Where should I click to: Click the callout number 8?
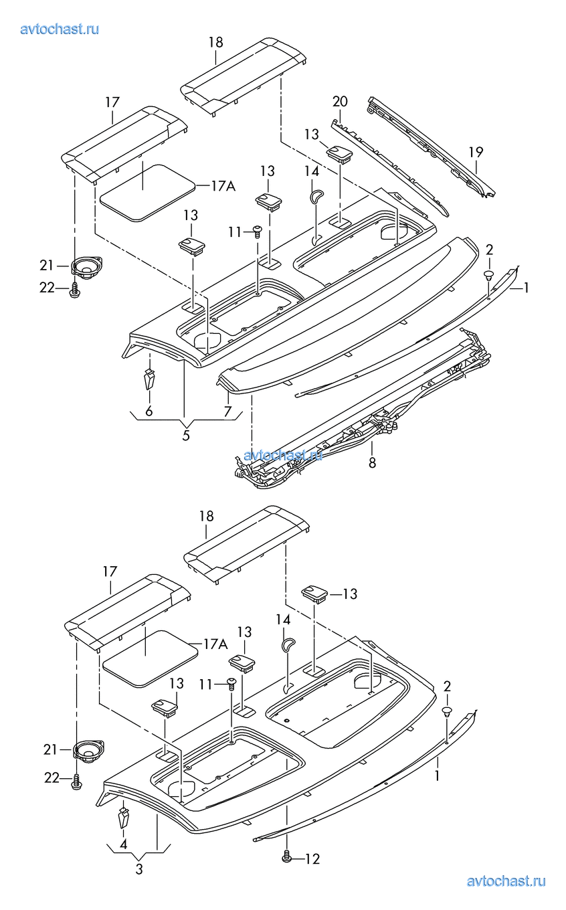pos(372,462)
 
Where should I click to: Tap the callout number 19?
pos(476,152)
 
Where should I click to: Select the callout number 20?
pos(340,101)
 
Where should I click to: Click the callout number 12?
pos(312,859)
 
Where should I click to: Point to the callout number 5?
pos(186,436)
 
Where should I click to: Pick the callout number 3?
pos(139,869)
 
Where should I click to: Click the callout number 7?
pos(227,411)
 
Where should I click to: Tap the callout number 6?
pos(149,411)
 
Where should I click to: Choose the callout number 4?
pos(124,844)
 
